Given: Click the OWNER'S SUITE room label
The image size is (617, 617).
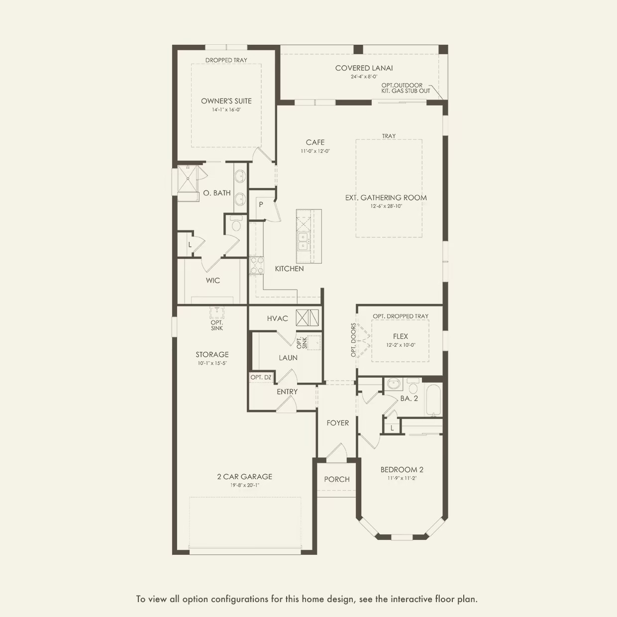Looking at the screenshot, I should coord(226,101).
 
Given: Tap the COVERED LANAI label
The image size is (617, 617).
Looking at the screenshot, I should coord(364,68).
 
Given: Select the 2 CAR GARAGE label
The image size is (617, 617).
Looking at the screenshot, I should coord(244,477).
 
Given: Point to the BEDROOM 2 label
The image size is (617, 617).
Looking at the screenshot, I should coord(402,470).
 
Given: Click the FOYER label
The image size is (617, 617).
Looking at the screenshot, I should coord(337,423).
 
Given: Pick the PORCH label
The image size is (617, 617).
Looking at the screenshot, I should coord(337,479).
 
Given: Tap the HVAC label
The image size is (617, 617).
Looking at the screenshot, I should coord(277,318).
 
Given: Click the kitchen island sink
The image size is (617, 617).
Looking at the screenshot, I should coord(303,241).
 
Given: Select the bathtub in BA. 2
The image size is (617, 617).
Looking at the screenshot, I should coord(433,401).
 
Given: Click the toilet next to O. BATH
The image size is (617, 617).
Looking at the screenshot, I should coord(236,225).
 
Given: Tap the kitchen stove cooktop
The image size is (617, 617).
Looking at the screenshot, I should coord(256,265).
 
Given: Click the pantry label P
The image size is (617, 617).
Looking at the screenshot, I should coord(261,205).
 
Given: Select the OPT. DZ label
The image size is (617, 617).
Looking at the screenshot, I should coord(261,378).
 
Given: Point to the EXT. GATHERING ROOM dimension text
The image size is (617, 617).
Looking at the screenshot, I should coord(386,206).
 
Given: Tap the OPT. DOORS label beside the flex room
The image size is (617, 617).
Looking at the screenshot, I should coord(353,340).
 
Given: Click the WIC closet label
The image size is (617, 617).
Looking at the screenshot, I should coord(213,281).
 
